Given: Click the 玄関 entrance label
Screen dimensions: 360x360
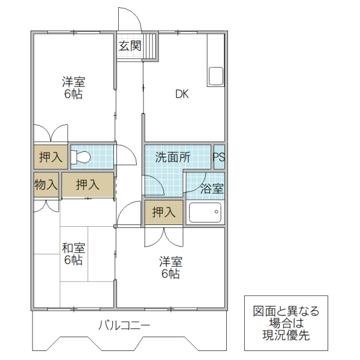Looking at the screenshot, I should point(129,46).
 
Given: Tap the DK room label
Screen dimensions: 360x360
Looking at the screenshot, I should point(182,94).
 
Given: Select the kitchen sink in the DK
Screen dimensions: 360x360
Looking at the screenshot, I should point(215,77).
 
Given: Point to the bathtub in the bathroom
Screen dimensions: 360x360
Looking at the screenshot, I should point(205,212).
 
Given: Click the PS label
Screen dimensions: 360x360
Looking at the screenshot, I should point(219,157).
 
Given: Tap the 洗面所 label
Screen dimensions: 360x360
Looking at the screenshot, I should point(173,158).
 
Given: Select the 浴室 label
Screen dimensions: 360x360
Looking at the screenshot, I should point(211,188).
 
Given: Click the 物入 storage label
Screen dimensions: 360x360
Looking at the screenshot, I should point(46,185).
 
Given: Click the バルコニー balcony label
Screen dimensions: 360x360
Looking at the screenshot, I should point(124,326).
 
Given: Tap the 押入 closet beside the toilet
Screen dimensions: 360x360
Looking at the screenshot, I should point(50,157).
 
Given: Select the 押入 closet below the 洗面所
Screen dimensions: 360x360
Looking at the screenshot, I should point(163,212).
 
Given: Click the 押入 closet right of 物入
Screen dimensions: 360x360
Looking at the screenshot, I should point(88,185).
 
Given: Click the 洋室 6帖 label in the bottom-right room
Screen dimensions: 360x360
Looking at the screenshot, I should point(170,268).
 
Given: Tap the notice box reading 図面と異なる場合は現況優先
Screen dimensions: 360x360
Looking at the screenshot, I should point(286,323).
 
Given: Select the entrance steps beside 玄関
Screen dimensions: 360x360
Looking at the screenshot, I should point(150,46).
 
